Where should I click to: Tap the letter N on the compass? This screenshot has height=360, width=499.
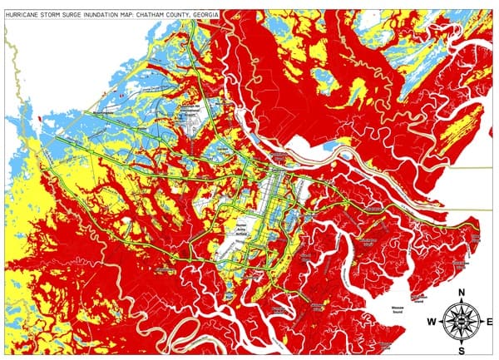(x=460, y=292)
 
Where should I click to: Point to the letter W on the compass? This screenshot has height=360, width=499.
(x=432, y=321)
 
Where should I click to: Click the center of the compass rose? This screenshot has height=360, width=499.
(x=460, y=320)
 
